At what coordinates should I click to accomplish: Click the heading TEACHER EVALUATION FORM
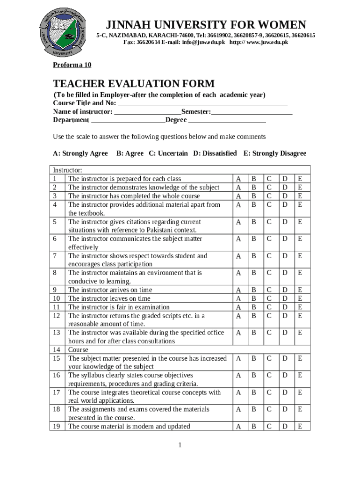134,84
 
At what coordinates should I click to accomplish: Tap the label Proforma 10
72,65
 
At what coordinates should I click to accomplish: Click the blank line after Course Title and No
202,103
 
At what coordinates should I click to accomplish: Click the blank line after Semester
252,112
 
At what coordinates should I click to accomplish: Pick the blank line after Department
128,120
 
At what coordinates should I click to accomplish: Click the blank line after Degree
227,120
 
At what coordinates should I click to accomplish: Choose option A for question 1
239,179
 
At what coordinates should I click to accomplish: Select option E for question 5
300,222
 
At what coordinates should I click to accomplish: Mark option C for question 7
269,256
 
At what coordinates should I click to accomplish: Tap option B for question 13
254,333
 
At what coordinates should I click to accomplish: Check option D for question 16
285,375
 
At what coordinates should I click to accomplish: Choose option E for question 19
300,426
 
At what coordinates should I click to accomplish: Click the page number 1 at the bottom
180,445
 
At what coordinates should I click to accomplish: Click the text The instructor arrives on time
110,290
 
